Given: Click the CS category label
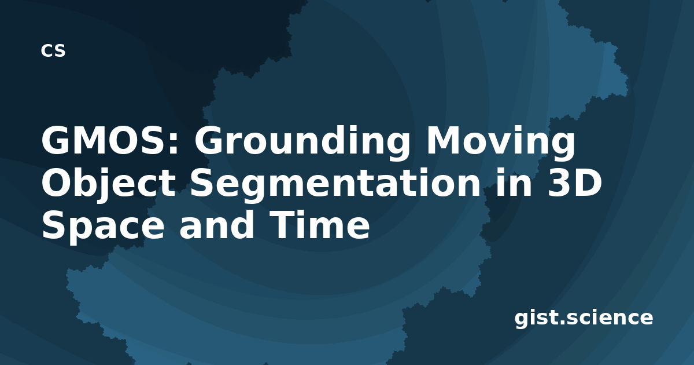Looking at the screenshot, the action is pyautogui.click(x=53, y=50).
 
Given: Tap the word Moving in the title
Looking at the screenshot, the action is pyautogui.click(x=501, y=143).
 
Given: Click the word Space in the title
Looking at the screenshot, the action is pyautogui.click(x=103, y=226).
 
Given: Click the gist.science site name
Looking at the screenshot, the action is pyautogui.click(x=584, y=318).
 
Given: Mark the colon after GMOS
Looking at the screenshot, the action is pyautogui.click(x=175, y=144).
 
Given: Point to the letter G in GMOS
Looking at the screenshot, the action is pyautogui.click(x=55, y=141).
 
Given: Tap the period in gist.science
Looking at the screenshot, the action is pyautogui.click(x=562, y=323).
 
